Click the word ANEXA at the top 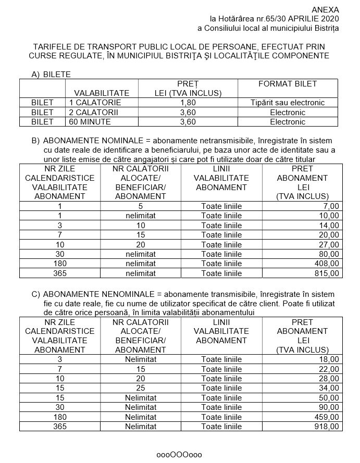[325, 9]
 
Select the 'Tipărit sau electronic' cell [288, 103]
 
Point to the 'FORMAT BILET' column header [288, 83]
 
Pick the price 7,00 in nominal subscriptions [330, 206]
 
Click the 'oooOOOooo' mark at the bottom [179, 454]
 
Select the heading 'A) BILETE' [51, 74]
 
